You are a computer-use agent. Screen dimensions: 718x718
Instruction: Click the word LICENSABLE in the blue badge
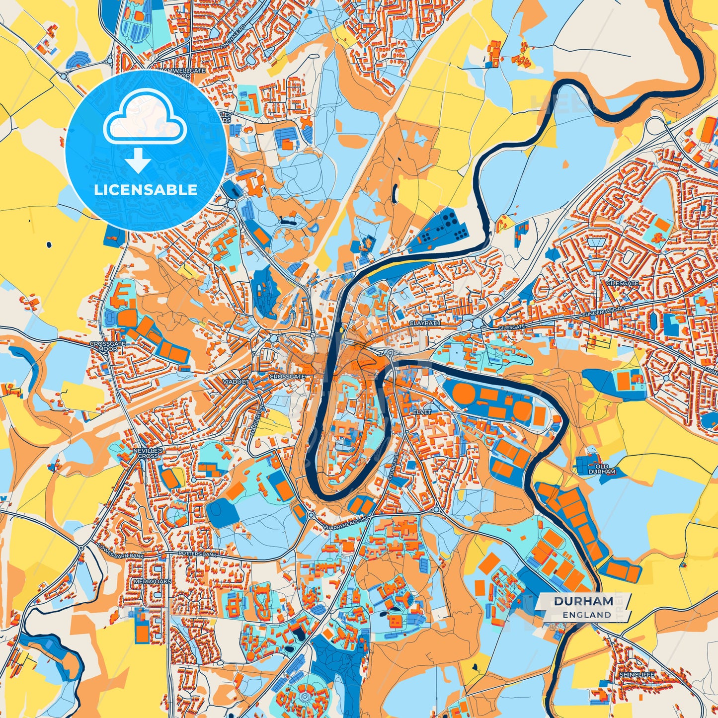(146, 190)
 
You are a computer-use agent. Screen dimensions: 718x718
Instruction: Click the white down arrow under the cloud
(138, 160)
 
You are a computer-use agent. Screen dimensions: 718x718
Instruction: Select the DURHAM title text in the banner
(583, 601)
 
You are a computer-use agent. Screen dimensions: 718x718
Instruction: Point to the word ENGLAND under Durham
(587, 615)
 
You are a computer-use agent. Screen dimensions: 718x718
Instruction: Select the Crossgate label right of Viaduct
(287, 377)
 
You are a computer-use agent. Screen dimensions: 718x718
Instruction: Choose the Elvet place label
(420, 412)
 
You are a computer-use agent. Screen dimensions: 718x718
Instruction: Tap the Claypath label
(424, 322)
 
